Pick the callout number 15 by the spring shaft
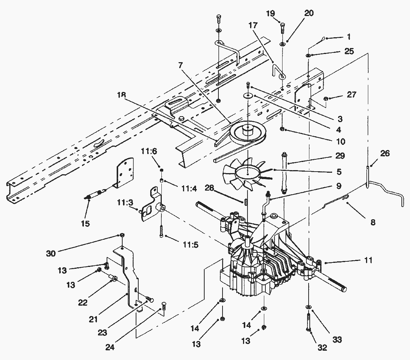[x=85, y=223]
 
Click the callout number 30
[x=51, y=254]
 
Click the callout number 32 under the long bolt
[x=322, y=348]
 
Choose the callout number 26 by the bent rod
[x=385, y=153]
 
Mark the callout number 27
[x=351, y=95]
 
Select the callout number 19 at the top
[x=271, y=14]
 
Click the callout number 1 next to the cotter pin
[x=349, y=37]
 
